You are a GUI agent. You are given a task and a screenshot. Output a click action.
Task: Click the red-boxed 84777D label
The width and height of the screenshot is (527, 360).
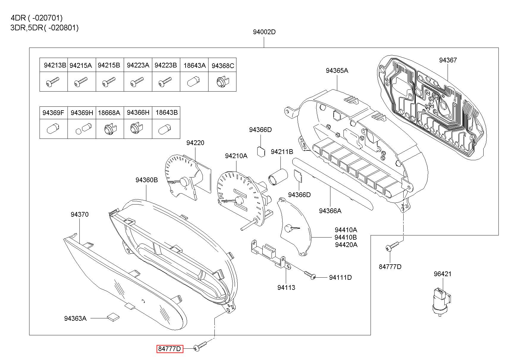[x=170, y=349]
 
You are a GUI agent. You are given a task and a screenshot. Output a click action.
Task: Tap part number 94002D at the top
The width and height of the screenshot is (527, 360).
[x=264, y=32]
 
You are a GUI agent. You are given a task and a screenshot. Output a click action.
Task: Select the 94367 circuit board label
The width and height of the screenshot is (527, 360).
[x=448, y=60]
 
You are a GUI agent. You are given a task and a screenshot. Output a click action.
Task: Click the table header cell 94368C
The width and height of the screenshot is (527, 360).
[x=222, y=66]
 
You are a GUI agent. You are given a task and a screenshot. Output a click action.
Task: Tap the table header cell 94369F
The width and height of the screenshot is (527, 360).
[x=53, y=113]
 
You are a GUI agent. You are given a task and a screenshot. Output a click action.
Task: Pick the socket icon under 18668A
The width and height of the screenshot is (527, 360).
[x=110, y=128]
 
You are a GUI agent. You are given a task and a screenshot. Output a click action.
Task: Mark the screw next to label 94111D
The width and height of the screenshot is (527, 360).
[x=310, y=275]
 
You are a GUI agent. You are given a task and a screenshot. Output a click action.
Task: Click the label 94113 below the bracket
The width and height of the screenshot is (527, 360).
[x=286, y=287]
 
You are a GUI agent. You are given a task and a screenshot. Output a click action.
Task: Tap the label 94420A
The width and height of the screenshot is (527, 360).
[x=346, y=245]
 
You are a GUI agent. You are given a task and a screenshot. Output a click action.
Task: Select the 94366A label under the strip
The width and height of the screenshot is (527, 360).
[x=330, y=211]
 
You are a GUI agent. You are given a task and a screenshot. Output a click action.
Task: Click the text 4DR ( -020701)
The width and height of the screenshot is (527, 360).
[x=37, y=18]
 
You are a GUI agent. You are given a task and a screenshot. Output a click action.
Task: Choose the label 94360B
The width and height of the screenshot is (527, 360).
[x=147, y=180]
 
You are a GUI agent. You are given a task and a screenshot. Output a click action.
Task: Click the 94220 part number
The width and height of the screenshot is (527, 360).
[x=195, y=143]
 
